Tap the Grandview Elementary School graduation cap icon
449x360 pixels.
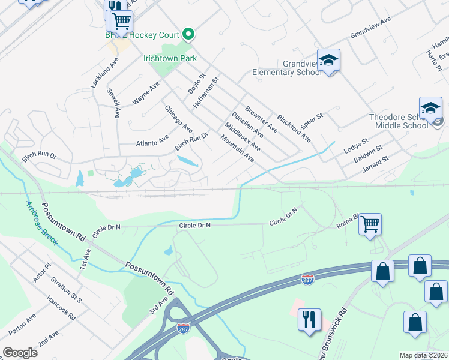[328, 60]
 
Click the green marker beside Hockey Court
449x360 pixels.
[188, 34]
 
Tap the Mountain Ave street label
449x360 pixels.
[237, 149]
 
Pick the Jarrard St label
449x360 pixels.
[376, 164]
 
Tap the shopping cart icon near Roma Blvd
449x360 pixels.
[370, 224]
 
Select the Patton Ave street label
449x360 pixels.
[22, 324]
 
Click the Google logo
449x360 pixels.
[20, 353]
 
